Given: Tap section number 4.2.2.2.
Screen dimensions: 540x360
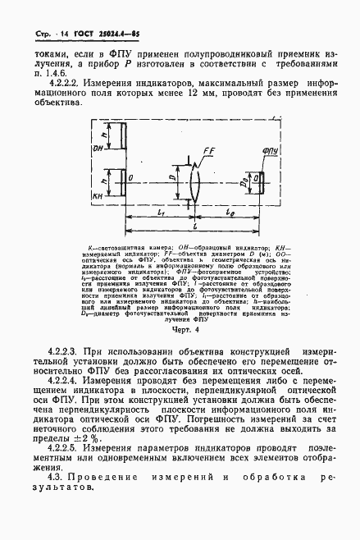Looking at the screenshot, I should [x=71, y=84].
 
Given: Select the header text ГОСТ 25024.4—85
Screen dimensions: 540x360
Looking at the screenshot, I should [x=97, y=14].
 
